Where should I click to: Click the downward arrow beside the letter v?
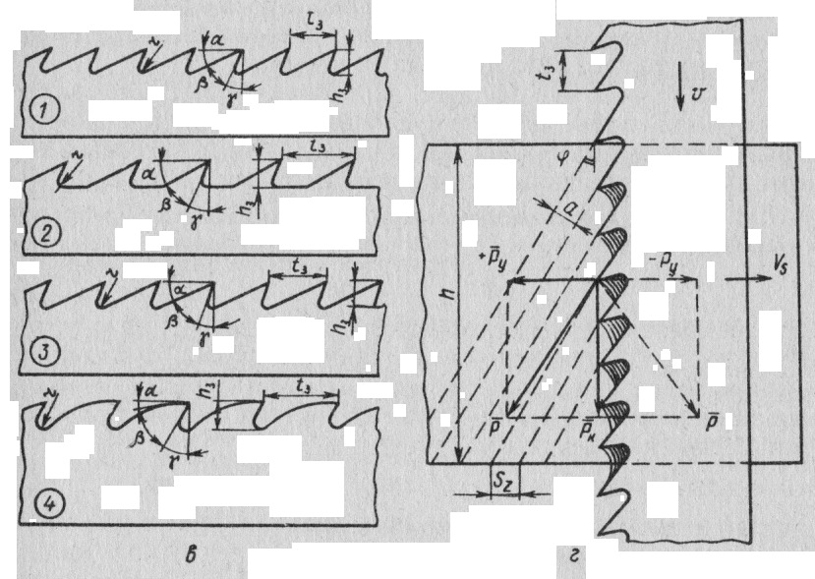(x=680, y=95)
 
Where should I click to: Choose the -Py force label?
(x=677, y=261)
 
